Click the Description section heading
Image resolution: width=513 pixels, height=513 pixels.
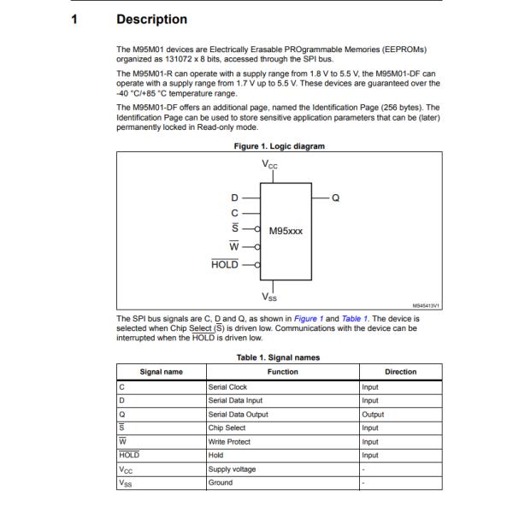151,19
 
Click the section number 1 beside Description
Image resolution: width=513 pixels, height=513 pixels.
74,19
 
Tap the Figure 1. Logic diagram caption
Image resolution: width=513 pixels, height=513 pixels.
280,146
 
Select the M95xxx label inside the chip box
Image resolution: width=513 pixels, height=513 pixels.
286,231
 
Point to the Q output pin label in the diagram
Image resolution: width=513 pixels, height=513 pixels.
335,198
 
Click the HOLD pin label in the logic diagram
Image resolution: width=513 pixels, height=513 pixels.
225,265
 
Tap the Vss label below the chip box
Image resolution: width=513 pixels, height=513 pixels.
269,298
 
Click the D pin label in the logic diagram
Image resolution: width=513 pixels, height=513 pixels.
234,198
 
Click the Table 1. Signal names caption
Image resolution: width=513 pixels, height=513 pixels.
279,357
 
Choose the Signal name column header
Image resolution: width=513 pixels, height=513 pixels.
161,372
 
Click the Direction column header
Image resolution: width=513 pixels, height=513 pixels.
400,372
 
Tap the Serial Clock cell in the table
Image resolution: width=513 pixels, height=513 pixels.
227,387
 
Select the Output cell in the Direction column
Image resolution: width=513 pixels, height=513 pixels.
373,415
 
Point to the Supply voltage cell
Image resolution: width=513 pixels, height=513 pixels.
232,469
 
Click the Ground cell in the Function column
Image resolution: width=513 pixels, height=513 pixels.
221,483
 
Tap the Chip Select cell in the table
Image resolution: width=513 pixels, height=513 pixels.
227,428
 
